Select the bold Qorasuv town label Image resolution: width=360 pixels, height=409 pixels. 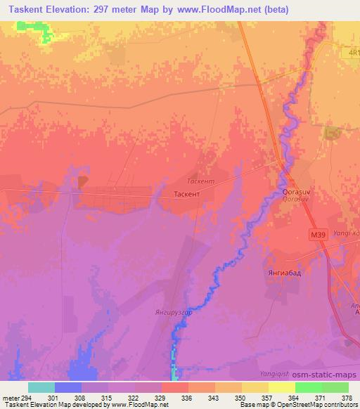pos(295,190)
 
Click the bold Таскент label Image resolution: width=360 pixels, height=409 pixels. pos(186,192)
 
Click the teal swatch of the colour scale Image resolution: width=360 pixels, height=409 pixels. pos(41,387)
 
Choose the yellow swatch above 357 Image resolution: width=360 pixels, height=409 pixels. pos(281,387)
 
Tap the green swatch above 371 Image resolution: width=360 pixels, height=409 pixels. pos(308,387)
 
